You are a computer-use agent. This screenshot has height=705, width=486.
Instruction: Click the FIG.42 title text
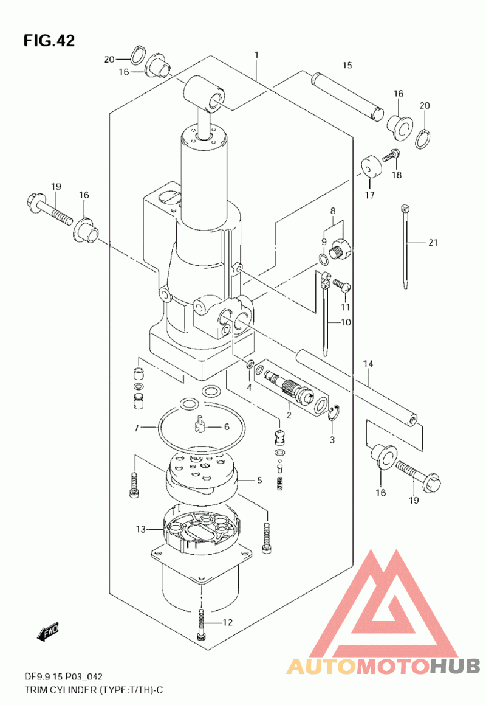pos(49,41)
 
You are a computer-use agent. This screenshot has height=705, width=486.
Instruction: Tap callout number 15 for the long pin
pos(347,65)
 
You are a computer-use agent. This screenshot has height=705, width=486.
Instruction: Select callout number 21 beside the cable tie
pos(433,242)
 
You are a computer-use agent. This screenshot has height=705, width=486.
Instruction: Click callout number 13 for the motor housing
pos(141,529)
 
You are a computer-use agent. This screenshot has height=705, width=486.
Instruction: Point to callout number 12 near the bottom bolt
pos(228,622)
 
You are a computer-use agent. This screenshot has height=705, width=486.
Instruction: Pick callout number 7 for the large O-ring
pos(137,428)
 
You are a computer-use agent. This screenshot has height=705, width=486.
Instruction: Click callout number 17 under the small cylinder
pos(370,196)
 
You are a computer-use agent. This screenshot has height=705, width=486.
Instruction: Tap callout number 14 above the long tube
pos(368,363)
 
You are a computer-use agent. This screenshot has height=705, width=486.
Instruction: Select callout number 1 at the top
pos(256,55)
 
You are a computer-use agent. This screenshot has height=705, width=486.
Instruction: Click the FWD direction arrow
pos(48,633)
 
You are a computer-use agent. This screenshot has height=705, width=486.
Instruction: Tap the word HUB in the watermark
pos(454,665)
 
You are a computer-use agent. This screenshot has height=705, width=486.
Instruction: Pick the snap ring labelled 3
pos(333,414)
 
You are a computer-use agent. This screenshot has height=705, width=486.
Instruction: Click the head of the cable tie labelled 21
pos(406,208)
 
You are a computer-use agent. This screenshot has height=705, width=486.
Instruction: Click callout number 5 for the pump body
pos(259,480)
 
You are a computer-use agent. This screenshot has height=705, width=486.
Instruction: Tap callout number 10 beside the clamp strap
pos(346,322)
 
